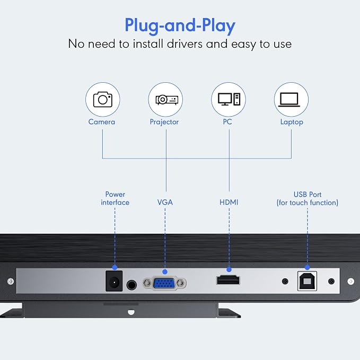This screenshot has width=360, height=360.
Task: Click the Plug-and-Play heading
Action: pyautogui.click(x=180, y=25)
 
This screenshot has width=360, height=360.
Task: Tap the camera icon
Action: pyautogui.click(x=103, y=100)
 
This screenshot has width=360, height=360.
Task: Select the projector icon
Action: pyautogui.click(x=167, y=100)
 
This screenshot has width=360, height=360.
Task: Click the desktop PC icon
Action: pyautogui.click(x=229, y=100)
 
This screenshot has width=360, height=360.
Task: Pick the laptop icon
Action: pyautogui.click(x=289, y=100)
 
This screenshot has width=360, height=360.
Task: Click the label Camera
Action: pyautogui.click(x=102, y=122)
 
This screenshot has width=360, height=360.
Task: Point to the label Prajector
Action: pyautogui.click(x=164, y=122)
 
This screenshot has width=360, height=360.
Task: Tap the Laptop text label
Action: pyautogui.click(x=292, y=122)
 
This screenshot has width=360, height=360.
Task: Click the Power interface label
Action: pyautogui.click(x=115, y=198)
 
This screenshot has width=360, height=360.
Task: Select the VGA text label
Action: pyautogui.click(x=165, y=203)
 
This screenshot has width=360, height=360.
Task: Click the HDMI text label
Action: pyautogui.click(x=229, y=203)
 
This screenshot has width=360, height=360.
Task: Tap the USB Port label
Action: pyautogui.click(x=308, y=195)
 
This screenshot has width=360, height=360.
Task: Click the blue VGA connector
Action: pyautogui.click(x=164, y=284)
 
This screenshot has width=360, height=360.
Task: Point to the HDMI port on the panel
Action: pyautogui.click(x=228, y=280)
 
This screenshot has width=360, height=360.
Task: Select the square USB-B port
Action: pyautogui.click(x=307, y=281)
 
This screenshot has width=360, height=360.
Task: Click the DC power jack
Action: pyautogui.click(x=114, y=281)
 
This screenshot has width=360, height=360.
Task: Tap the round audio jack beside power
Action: pyautogui.click(x=131, y=285)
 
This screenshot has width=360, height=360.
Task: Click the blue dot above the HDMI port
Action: pyautogui.click(x=229, y=269)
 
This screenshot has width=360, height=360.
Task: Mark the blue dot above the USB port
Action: pyautogui.click(x=307, y=267)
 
